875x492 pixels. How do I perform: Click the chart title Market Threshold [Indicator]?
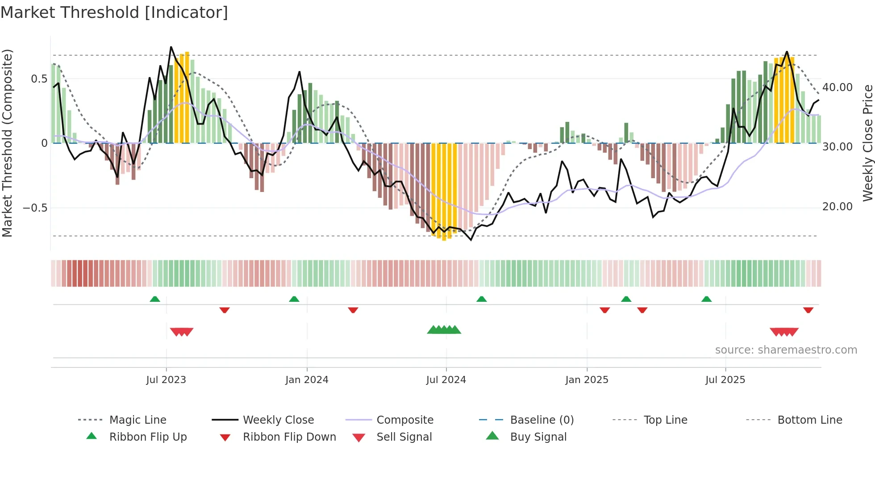click(x=114, y=13)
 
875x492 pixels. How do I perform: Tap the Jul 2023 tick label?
click(x=166, y=380)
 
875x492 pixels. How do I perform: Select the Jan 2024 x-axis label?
click(x=307, y=380)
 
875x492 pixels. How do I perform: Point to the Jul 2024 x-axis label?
click(x=446, y=380)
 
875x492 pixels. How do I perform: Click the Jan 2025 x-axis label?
click(x=587, y=380)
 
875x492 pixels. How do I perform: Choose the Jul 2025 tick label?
click(x=725, y=380)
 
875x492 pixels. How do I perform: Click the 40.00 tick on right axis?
click(x=837, y=88)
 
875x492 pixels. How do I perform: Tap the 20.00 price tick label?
click(x=837, y=207)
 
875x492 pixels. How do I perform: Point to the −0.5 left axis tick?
click(x=35, y=208)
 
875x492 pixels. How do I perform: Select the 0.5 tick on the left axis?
click(x=39, y=79)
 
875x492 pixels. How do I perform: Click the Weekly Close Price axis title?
click(x=867, y=143)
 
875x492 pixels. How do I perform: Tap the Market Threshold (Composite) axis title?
click(x=7, y=143)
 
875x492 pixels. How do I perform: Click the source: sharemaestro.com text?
click(x=786, y=350)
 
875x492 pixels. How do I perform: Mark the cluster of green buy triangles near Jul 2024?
click(x=444, y=330)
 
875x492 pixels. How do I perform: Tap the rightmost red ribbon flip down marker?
click(x=808, y=310)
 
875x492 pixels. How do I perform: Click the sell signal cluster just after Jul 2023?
click(x=182, y=332)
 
